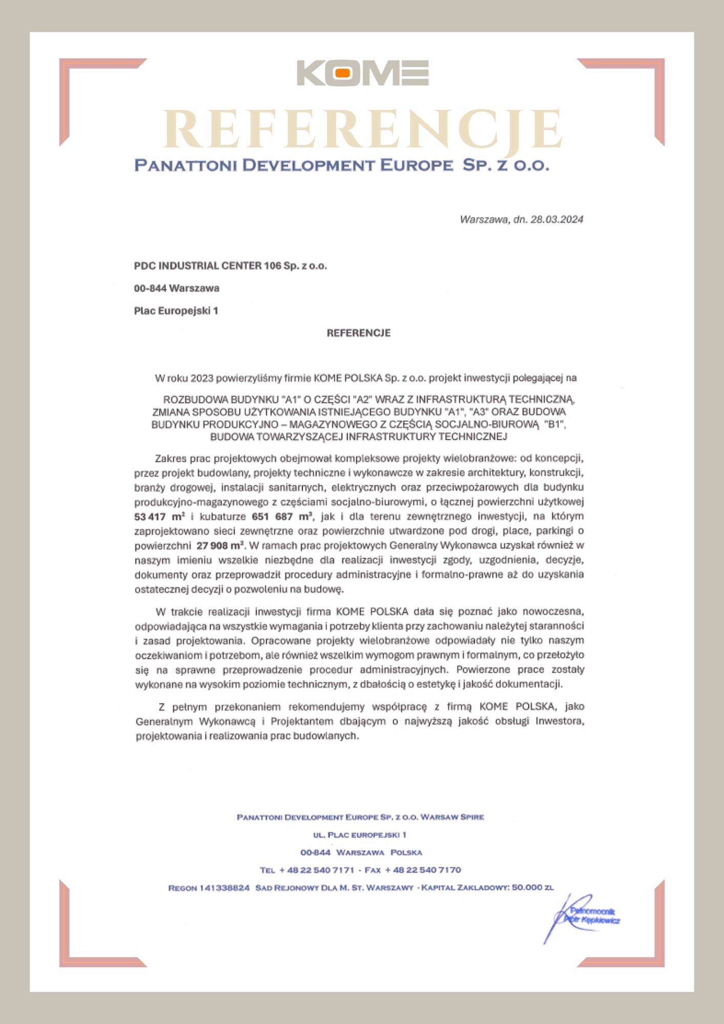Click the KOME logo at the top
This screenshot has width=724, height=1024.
pyautogui.click(x=363, y=73)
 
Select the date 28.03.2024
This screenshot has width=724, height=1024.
pyautogui.click(x=557, y=220)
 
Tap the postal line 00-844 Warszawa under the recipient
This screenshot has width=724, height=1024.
pyautogui.click(x=177, y=288)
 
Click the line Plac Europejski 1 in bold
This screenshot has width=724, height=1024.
pyautogui.click(x=176, y=311)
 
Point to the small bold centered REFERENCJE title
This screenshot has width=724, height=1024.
pyautogui.click(x=358, y=333)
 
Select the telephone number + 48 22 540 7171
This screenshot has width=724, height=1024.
pyautogui.click(x=316, y=870)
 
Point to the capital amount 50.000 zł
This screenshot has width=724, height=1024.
pyautogui.click(x=533, y=887)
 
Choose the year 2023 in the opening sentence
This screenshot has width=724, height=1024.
pyautogui.click(x=202, y=378)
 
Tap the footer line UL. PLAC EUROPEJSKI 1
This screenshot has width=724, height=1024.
pyautogui.click(x=359, y=835)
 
